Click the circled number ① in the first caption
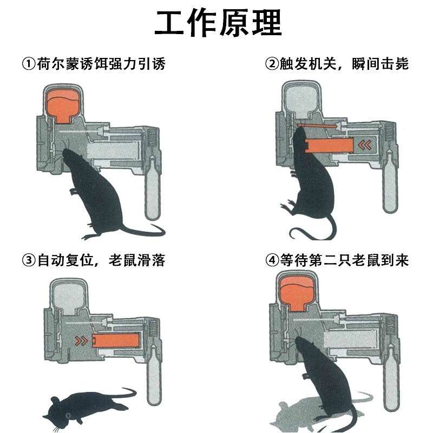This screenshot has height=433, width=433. click(29, 64)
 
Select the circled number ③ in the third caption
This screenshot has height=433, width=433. click(29, 260)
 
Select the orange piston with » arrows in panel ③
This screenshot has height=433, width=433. click(114, 341)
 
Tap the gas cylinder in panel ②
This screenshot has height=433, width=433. click(389, 184)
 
